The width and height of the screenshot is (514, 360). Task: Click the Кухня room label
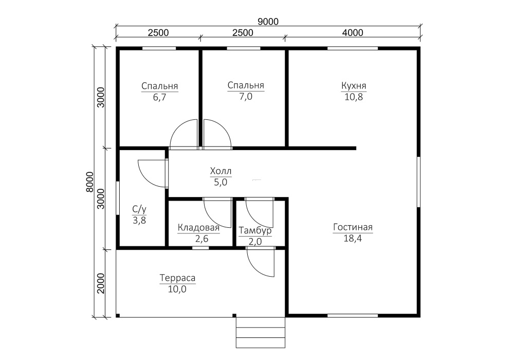click(x=354, y=85)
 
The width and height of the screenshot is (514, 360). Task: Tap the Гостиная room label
click(x=353, y=227)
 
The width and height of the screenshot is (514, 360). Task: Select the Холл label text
click(x=221, y=171)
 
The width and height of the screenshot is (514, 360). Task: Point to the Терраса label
click(x=177, y=278)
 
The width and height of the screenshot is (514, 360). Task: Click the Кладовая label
click(x=198, y=227)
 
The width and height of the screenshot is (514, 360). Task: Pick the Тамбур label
click(x=255, y=231)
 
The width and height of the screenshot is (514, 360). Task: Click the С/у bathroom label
click(x=139, y=209)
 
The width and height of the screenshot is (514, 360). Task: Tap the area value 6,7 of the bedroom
click(x=160, y=97)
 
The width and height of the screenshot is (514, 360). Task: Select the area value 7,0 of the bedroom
click(x=246, y=97)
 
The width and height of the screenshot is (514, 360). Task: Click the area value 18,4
click(x=353, y=238)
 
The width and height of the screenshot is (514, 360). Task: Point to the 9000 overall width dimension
click(x=268, y=22)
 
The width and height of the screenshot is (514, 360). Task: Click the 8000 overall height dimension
click(x=90, y=182)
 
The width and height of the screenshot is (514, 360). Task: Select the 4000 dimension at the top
click(x=353, y=33)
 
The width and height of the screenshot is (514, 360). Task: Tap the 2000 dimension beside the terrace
click(x=101, y=283)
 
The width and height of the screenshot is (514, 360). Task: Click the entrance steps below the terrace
click(x=261, y=332)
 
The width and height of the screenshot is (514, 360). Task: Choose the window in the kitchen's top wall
click(x=353, y=48)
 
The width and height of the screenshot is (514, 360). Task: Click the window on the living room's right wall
click(x=418, y=182)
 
